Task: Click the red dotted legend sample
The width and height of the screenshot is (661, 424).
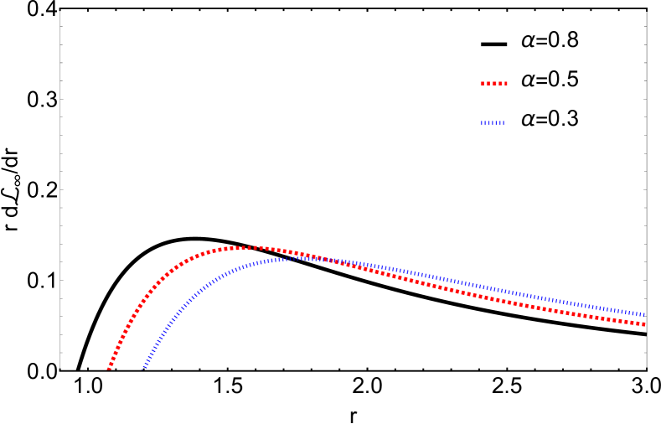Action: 494,83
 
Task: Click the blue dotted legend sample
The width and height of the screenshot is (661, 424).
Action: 493,122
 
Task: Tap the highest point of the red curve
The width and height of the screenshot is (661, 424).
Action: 250,247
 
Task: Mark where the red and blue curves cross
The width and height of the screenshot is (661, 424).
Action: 323,259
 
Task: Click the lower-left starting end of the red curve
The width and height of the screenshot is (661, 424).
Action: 109,367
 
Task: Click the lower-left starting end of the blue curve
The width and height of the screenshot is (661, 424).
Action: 144,366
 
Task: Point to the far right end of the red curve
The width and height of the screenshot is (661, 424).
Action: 643,323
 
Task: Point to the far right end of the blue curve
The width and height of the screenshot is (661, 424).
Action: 643,314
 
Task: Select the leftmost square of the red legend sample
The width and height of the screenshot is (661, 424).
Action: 482,83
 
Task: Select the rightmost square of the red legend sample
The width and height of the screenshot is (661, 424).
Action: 506,83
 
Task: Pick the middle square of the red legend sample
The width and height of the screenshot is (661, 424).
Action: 494,83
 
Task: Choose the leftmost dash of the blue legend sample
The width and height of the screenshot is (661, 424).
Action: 481,122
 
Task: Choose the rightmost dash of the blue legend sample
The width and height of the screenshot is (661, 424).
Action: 503,122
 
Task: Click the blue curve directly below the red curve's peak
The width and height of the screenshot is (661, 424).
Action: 250,265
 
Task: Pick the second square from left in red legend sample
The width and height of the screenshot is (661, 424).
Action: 488,83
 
